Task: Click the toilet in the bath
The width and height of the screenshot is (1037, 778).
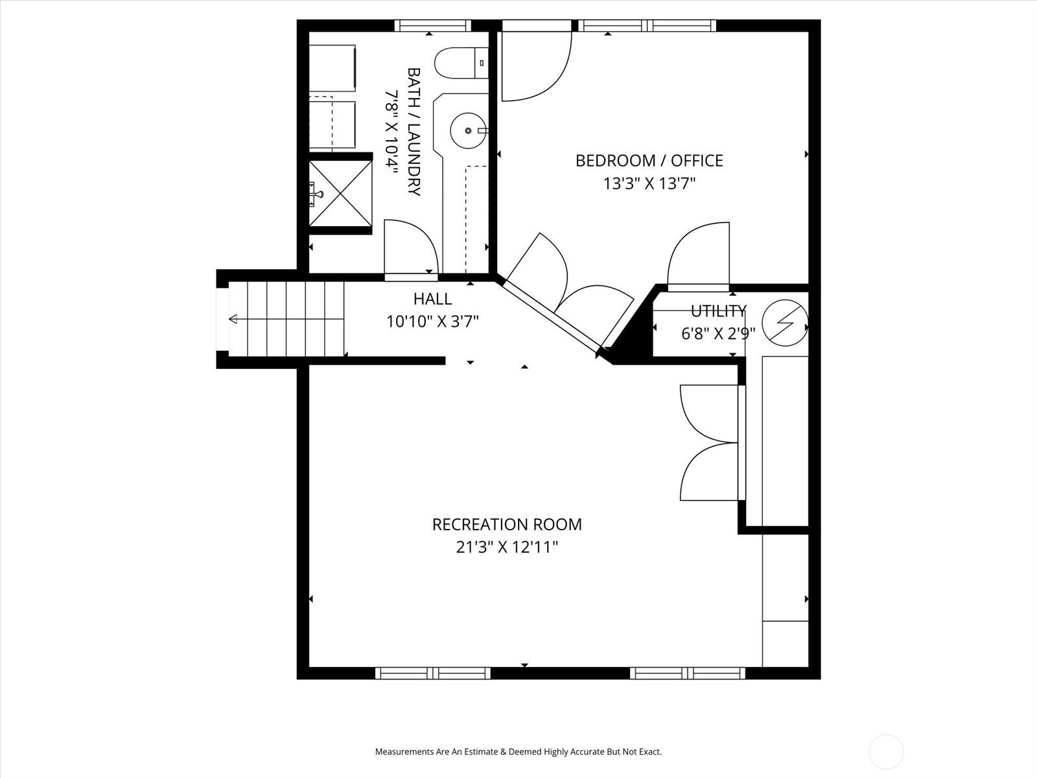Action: (x=461, y=63)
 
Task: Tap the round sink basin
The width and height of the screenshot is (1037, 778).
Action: (x=468, y=131)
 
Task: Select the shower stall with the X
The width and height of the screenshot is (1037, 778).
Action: (x=341, y=193)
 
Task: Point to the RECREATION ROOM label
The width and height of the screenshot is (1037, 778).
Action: (x=507, y=525)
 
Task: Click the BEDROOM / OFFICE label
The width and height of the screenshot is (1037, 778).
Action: (x=649, y=161)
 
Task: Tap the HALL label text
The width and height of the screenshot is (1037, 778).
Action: (x=432, y=298)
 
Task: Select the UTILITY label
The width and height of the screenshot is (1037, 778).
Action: (x=719, y=311)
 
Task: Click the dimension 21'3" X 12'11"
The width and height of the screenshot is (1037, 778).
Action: (x=507, y=547)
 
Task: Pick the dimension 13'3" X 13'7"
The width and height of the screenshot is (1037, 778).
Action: (x=649, y=183)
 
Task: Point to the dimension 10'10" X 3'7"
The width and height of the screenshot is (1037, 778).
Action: (x=432, y=322)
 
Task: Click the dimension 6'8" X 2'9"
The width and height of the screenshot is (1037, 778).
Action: (x=718, y=334)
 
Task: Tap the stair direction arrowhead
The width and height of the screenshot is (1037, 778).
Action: (x=233, y=320)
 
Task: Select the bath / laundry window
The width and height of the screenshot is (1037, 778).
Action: (x=433, y=25)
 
